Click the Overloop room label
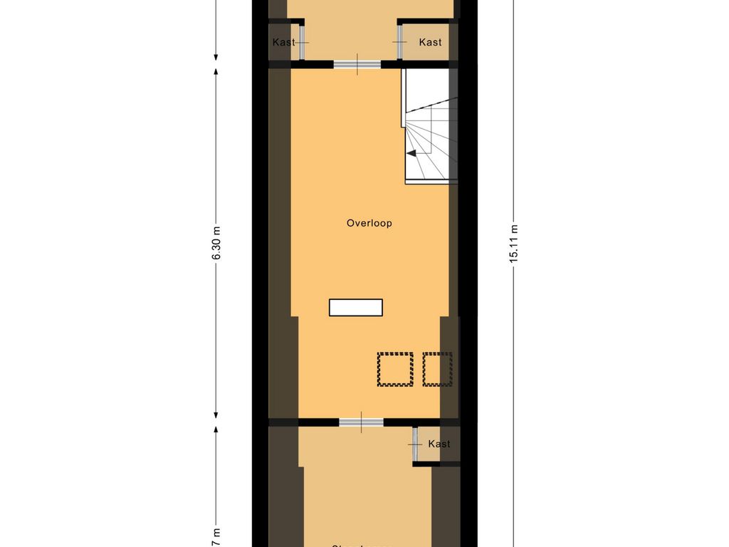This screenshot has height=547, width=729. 369,223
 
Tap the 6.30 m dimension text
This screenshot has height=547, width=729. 216,245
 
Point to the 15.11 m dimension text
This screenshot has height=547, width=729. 513,245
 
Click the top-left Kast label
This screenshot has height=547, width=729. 283,43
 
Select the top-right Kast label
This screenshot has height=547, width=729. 430,43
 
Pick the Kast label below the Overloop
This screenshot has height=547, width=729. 439,444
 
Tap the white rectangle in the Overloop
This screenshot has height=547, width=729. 356,308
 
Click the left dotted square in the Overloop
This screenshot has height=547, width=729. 395,370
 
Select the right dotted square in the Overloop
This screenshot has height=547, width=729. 438,370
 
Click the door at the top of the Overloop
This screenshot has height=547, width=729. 357,65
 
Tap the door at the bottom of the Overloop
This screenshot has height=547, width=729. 361,422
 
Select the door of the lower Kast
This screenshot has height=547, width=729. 414,444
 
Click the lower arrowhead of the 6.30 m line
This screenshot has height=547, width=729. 216,414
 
